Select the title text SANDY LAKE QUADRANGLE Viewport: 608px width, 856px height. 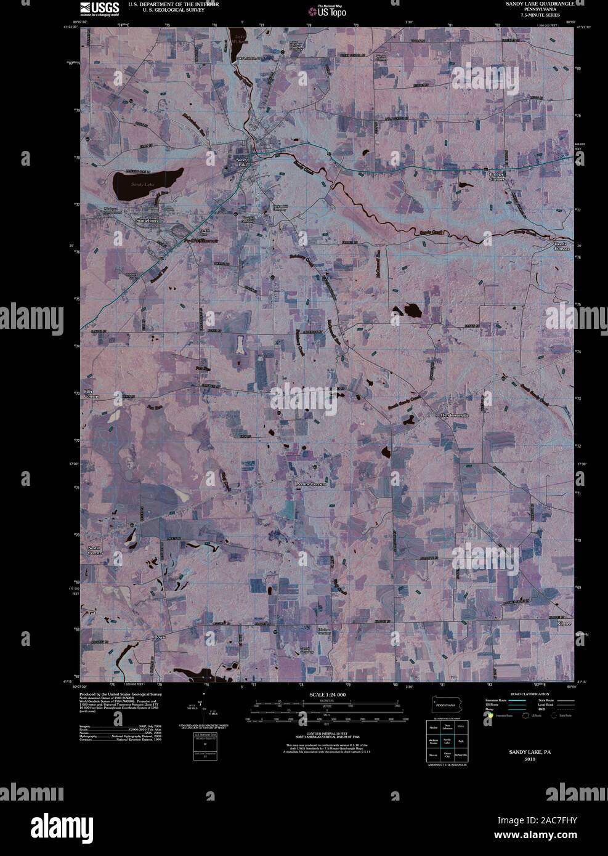(x=540, y=4)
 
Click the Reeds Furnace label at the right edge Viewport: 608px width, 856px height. (x=562, y=247)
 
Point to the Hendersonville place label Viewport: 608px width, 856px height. (x=455, y=416)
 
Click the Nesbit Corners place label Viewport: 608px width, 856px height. (x=94, y=550)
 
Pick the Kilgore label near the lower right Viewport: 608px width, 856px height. (x=564, y=624)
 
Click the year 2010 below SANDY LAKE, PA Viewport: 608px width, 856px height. (x=530, y=759)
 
